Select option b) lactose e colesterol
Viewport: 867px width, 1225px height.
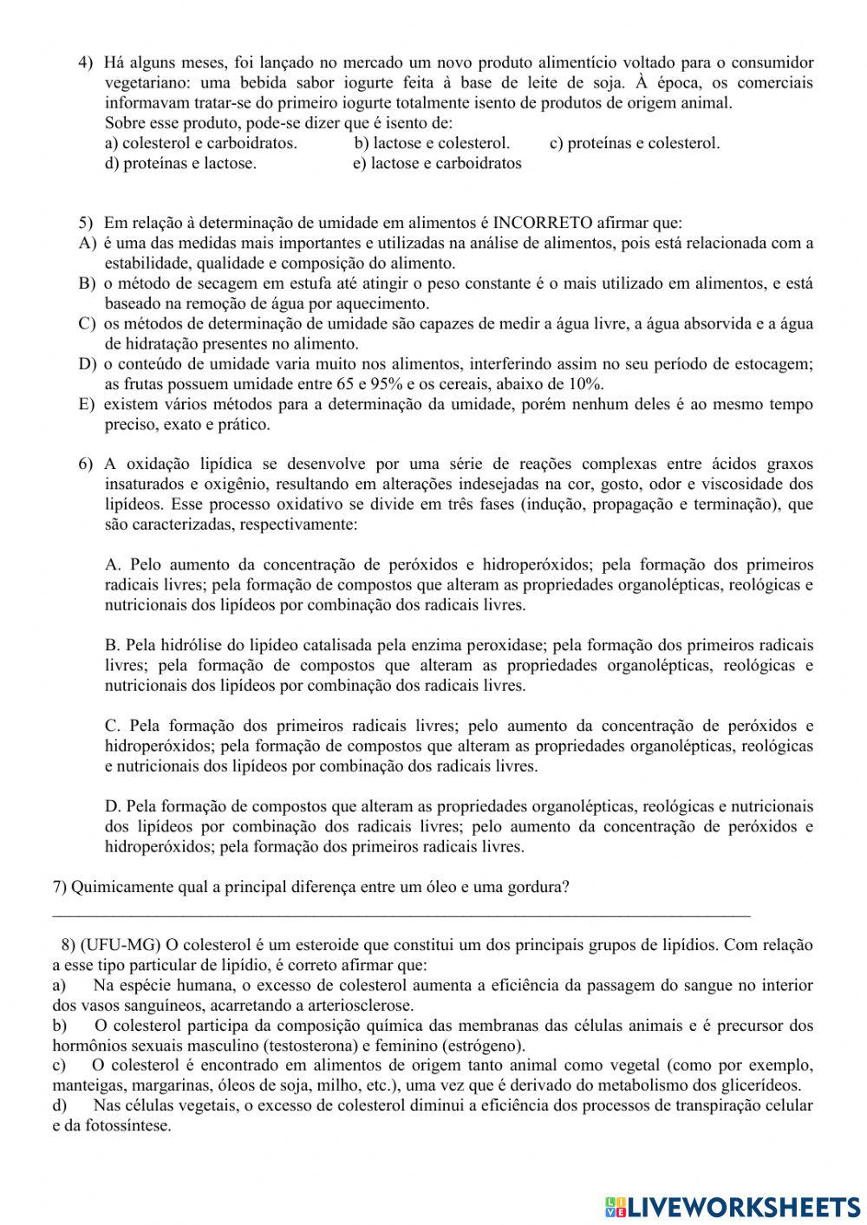(x=432, y=143)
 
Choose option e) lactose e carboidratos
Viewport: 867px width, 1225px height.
(x=437, y=163)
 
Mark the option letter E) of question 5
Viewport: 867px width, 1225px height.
(x=86, y=404)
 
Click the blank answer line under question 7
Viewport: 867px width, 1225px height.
(x=401, y=912)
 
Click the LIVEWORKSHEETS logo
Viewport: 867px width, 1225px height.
(x=733, y=1205)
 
